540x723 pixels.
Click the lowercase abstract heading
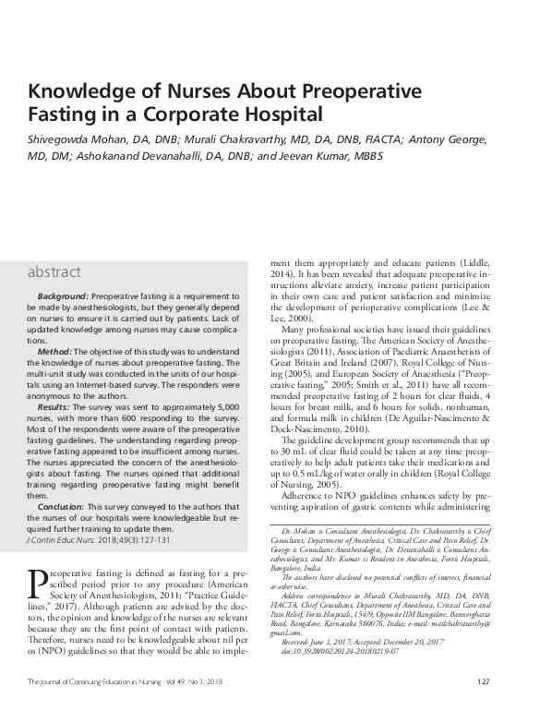(x=54, y=272)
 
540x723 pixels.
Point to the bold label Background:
(x=64, y=293)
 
